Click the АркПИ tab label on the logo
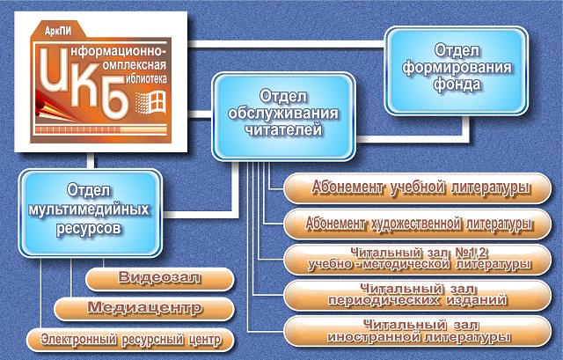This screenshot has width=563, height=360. tap(58, 31)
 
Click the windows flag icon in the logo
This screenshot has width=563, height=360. tap(150, 102)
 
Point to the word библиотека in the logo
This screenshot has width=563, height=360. tap(146, 78)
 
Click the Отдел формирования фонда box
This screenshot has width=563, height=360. tap(457, 70)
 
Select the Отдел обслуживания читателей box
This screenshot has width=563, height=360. tap(283, 116)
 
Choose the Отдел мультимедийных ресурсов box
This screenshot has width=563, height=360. tap(90, 213)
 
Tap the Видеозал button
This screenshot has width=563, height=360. tap(160, 278)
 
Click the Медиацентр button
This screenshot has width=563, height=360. tap(144, 308)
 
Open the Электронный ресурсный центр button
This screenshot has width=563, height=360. tap(130, 340)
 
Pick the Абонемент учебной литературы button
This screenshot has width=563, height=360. tap(418, 188)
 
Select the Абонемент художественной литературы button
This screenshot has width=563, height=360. tap(418, 224)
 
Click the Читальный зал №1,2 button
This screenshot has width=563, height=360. tap(418, 260)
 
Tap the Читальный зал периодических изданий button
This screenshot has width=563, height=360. tap(418, 295)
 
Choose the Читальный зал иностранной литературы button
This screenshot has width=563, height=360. tap(418, 331)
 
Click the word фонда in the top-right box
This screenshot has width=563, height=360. tap(457, 84)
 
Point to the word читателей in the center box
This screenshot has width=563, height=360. tap(283, 129)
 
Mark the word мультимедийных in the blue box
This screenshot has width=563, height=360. tap(89, 209)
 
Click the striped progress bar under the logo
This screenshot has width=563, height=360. tap(101, 129)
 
